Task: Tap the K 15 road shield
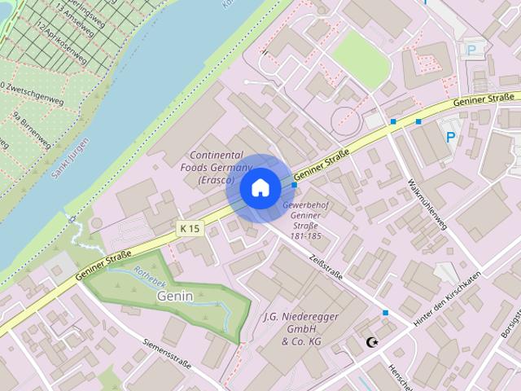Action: pyautogui.click(x=189, y=229)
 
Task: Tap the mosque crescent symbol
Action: pyautogui.click(x=374, y=343)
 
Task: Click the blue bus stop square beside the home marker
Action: pyautogui.click(x=294, y=185)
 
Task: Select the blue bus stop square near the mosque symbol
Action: pyautogui.click(x=386, y=313)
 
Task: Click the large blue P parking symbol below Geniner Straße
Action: pyautogui.click(x=451, y=137)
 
